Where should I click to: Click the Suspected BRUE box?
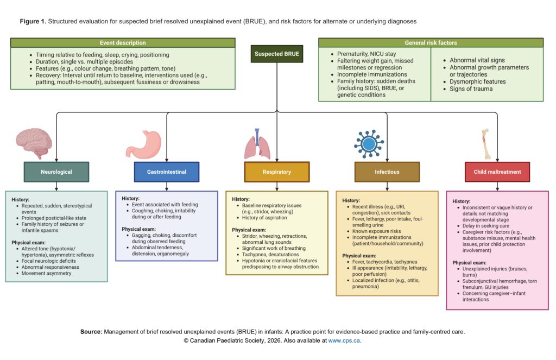tap(276, 54)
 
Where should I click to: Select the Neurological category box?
tap(56, 172)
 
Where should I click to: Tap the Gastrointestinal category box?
tap(167, 172)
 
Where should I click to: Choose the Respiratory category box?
tap(277, 172)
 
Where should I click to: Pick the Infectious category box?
tap(387, 172)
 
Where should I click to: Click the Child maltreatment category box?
tap(497, 172)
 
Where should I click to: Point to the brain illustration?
tap(34, 143)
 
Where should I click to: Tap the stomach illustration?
tap(143, 144)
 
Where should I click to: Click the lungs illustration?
tap(257, 144)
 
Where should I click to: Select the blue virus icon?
tap(369, 144)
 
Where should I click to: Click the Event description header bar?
tap(123, 42)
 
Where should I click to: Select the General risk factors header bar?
tap(431, 42)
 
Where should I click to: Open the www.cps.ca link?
tap(344, 341)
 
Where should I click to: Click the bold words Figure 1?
tap(33, 21)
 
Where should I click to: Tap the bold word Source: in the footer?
tap(91, 332)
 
